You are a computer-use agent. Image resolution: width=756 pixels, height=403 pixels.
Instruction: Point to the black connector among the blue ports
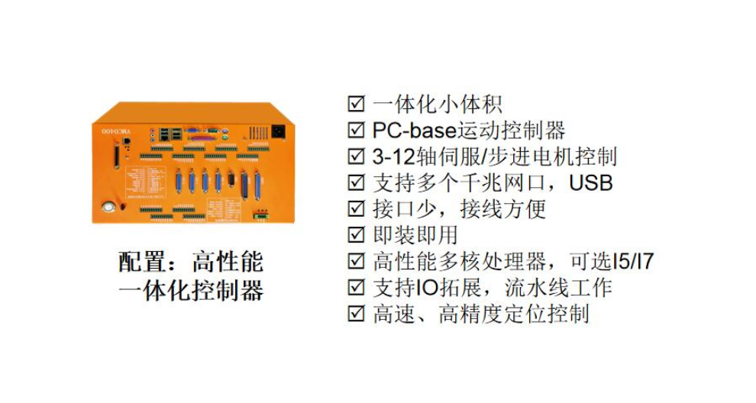(231, 180)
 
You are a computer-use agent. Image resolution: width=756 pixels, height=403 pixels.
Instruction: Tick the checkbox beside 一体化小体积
(356, 104)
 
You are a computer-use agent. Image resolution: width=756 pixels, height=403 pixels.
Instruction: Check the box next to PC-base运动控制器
(356, 130)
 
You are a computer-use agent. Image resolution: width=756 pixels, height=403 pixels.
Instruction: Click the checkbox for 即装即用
(356, 234)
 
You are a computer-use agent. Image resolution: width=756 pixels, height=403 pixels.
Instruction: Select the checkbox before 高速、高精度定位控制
(356, 313)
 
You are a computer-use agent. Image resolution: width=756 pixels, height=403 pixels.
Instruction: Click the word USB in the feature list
(591, 182)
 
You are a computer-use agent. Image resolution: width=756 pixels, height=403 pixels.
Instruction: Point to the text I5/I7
(634, 261)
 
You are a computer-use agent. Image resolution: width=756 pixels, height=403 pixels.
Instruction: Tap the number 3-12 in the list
(393, 156)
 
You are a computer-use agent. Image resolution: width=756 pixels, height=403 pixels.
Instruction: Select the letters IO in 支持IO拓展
(425, 287)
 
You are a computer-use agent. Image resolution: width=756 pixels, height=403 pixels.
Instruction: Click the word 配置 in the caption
(142, 263)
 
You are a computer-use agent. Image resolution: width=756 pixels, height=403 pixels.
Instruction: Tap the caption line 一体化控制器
(191, 292)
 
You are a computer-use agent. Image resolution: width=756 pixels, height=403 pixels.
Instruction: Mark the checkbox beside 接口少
(356, 208)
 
